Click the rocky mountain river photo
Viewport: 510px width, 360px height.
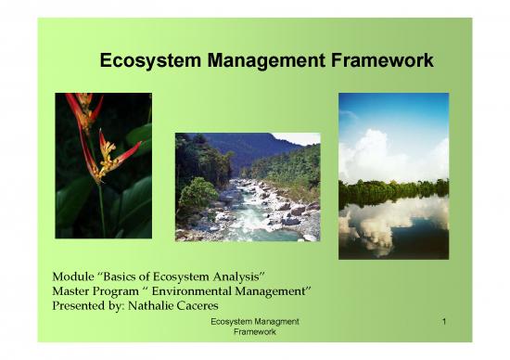click(247, 186)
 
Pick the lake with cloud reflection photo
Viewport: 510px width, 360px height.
click(393, 175)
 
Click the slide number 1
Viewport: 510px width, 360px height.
click(445, 321)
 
